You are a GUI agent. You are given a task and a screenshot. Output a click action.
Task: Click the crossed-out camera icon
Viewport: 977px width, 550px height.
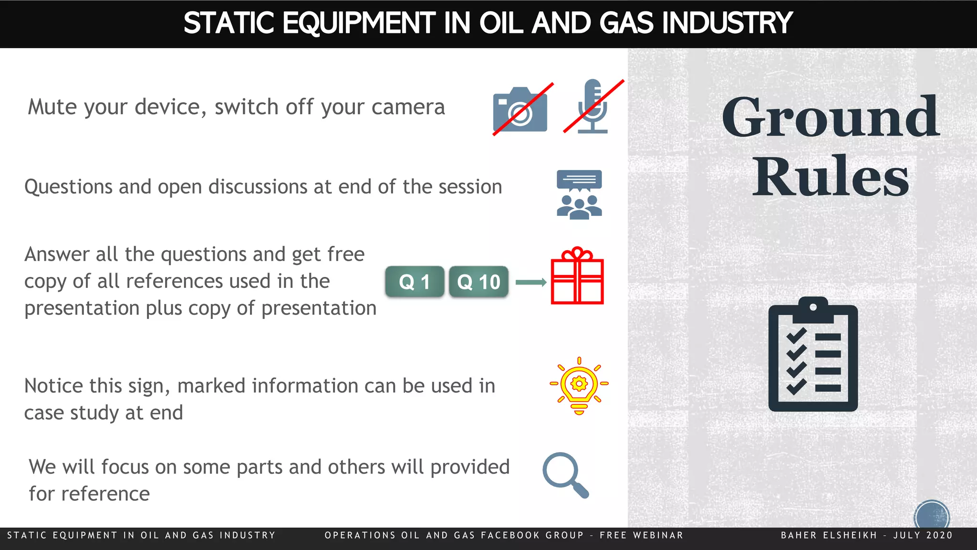coord(520,110)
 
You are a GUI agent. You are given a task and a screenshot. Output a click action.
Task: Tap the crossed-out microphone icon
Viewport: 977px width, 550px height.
coord(593,106)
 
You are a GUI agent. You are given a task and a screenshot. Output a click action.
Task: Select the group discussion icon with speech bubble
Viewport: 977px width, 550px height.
coord(579,195)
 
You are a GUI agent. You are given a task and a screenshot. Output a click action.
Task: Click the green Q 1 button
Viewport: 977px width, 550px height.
coord(415,282)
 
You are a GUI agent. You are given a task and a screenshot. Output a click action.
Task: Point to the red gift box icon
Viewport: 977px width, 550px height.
coord(577,277)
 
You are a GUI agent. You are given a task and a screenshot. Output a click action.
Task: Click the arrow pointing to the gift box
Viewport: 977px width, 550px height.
coord(531,283)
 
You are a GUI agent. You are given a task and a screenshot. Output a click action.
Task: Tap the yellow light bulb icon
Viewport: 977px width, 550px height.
coord(579,386)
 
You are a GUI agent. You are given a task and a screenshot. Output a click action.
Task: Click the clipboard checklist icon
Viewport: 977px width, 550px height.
coord(813,354)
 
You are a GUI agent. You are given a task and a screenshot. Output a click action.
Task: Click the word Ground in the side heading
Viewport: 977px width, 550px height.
coord(830,117)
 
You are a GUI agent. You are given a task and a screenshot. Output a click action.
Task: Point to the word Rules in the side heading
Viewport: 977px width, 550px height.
coord(830,177)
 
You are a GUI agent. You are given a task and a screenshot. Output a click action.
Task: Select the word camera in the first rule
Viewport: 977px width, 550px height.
coord(408,107)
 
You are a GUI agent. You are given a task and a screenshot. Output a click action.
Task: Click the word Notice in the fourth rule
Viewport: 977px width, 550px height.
coord(53,386)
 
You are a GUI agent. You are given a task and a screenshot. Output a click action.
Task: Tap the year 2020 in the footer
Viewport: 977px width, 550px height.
coord(939,535)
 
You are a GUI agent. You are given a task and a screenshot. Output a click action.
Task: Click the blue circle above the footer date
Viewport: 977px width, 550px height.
coord(931,516)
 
